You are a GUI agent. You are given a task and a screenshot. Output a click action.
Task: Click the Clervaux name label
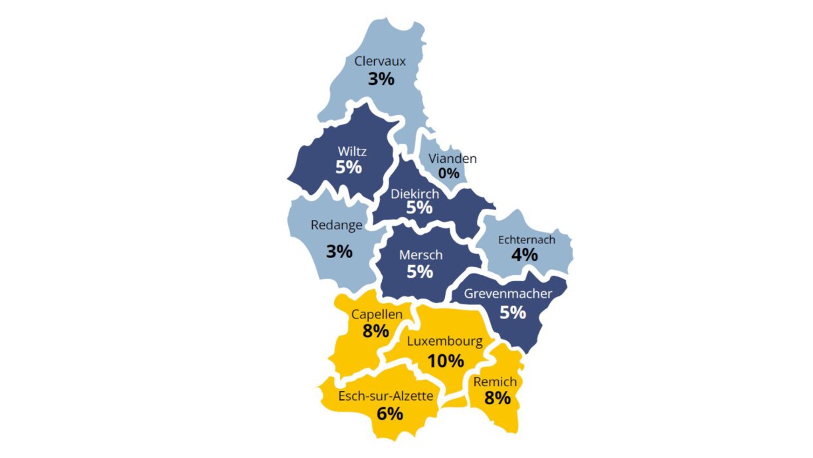[x=380, y=61]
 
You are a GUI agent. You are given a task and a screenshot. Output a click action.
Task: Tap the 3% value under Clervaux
[x=381, y=78]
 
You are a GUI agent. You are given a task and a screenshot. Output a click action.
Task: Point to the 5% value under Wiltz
[x=349, y=167]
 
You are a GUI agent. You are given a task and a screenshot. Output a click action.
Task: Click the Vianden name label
[x=452, y=159]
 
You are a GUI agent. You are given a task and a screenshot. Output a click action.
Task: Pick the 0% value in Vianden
[x=448, y=173]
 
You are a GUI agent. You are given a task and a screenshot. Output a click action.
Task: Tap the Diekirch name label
[x=414, y=194]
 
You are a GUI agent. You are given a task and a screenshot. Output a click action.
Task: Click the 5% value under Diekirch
[x=420, y=208]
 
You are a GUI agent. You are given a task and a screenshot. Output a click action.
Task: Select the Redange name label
[x=337, y=225]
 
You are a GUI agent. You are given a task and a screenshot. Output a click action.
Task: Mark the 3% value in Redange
[x=339, y=252]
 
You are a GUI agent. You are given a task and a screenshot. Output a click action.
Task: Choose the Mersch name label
[x=420, y=255]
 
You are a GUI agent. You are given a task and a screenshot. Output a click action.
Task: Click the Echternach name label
[x=526, y=240]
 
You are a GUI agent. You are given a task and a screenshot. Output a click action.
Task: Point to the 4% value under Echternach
[x=524, y=254]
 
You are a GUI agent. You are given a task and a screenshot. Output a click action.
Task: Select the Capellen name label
[x=377, y=314]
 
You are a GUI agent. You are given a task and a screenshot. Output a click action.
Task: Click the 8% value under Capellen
[x=375, y=330]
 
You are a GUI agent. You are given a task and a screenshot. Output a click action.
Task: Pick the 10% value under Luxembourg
[x=446, y=361]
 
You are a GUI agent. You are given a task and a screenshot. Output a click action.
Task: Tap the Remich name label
[x=495, y=382]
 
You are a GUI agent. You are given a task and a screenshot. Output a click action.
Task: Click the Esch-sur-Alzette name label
[x=386, y=396]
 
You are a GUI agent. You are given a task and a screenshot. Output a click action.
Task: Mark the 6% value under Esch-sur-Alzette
[x=390, y=413]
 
